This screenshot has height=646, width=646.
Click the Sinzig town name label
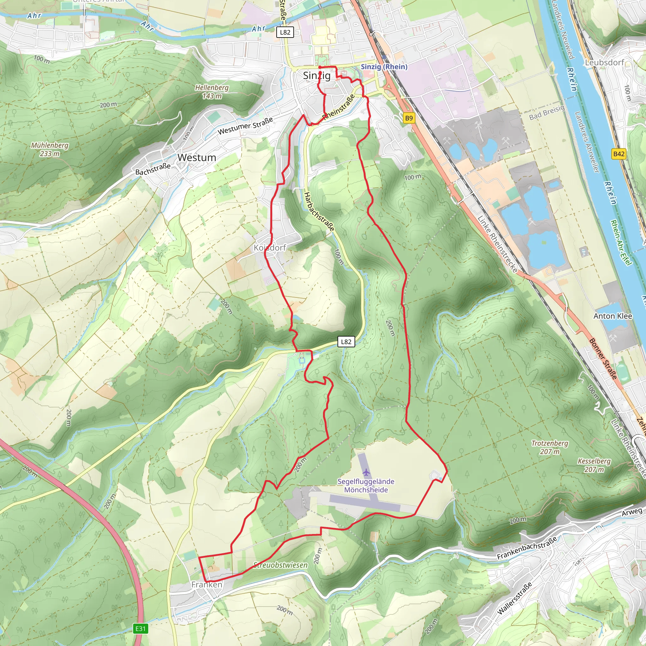(x=316, y=76)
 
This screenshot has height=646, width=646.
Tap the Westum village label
(x=197, y=157)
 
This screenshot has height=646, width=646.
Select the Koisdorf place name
(x=270, y=248)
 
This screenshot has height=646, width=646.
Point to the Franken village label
(x=207, y=584)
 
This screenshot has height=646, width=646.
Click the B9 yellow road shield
(x=408, y=118)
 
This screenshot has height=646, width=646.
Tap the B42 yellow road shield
(x=619, y=154)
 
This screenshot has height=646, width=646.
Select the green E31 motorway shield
(x=140, y=629)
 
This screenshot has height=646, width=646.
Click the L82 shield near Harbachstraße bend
(x=346, y=342)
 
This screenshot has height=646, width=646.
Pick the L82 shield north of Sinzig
(x=285, y=32)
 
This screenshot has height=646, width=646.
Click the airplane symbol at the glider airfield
(x=367, y=473)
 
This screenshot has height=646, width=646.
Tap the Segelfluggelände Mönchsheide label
(x=366, y=485)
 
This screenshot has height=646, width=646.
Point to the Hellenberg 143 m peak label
(x=212, y=91)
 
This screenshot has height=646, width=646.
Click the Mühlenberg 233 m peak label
(x=50, y=150)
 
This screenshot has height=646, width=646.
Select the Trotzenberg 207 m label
(x=550, y=447)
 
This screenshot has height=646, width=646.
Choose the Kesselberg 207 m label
(x=594, y=465)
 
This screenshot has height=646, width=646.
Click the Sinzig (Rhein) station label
(x=384, y=67)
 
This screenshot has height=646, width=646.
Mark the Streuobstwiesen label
(x=280, y=565)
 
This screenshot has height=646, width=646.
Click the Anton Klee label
(x=613, y=316)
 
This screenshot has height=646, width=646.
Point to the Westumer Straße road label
(x=245, y=126)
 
